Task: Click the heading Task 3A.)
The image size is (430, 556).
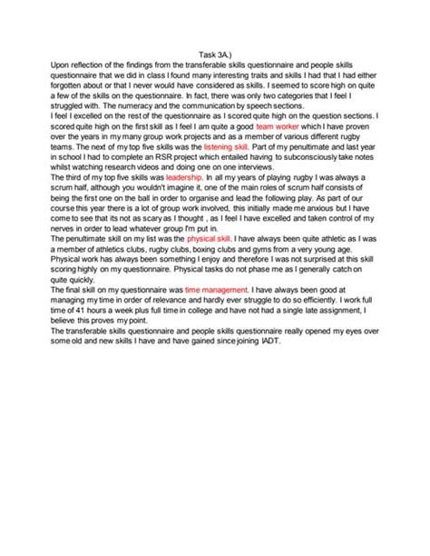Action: click(x=214, y=53)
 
